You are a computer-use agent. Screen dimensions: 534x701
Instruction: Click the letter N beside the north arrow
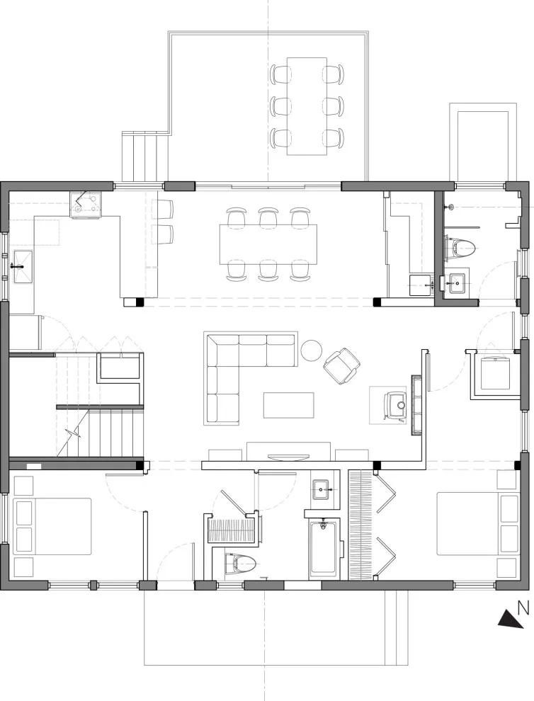click(x=523, y=608)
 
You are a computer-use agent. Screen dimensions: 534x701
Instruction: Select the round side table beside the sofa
click(x=312, y=350)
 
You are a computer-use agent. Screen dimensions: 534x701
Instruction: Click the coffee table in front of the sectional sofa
click(x=288, y=405)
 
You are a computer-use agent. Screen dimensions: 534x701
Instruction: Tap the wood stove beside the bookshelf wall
click(x=397, y=406)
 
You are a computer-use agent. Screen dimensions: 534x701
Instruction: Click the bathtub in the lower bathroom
click(x=324, y=547)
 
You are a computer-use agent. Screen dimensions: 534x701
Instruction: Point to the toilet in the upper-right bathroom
click(x=460, y=248)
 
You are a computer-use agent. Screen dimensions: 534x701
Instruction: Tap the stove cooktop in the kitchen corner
click(x=86, y=205)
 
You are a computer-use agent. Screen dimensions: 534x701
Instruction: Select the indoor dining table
click(x=268, y=244)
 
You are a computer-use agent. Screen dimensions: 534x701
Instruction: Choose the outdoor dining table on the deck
click(x=307, y=106)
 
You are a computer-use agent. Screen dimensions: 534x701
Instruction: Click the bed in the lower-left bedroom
click(x=52, y=527)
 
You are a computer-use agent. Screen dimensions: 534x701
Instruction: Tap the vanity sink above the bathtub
click(x=322, y=489)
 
